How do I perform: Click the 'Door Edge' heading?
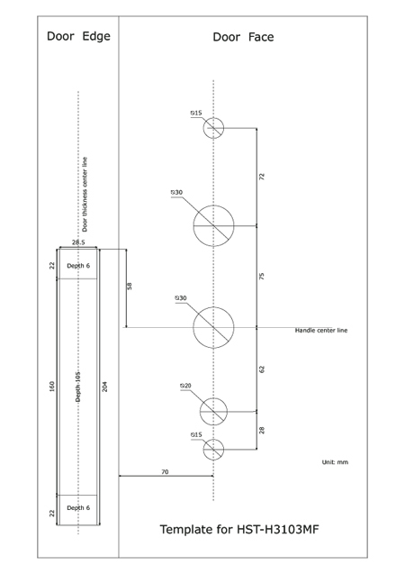pos(78,36)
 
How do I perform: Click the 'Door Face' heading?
pos(243,37)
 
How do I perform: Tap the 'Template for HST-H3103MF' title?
pos(239,529)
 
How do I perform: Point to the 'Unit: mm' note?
pos(335,462)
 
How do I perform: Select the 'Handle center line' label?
pos(321,330)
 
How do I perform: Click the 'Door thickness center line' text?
pos(85,195)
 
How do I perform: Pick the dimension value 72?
pos(262,177)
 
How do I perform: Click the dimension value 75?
pos(262,277)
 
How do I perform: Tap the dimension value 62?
pos(262,369)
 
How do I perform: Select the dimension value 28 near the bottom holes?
pos(262,430)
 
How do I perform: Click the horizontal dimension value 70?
pos(165,472)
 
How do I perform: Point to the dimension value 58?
pos(129,287)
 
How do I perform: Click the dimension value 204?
pos(105,387)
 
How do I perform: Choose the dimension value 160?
pos(51,387)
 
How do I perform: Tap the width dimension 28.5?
pos(78,242)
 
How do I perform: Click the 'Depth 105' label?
pos(78,387)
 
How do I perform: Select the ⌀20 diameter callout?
pos(185,386)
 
